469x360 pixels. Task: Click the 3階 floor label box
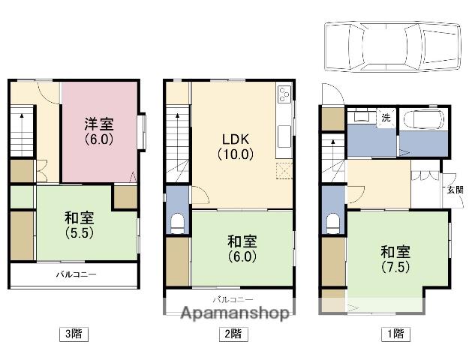click(x=74, y=334)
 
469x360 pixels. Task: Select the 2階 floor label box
click(x=233, y=334)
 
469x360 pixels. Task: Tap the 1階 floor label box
click(x=395, y=334)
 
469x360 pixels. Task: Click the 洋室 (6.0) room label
click(x=99, y=131)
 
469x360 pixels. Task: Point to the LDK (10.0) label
click(x=236, y=146)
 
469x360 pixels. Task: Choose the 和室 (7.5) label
click(x=395, y=259)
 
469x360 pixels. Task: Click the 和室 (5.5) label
click(x=80, y=225)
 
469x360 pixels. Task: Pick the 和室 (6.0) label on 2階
click(x=242, y=249)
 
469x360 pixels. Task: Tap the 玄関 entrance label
click(x=455, y=190)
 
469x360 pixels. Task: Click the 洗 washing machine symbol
click(x=386, y=118)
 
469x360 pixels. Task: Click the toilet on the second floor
click(x=178, y=223)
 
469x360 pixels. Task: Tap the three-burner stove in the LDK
click(x=284, y=94)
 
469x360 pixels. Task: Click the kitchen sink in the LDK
click(x=284, y=136)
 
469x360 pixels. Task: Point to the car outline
click(x=392, y=46)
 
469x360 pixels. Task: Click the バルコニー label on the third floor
click(x=77, y=274)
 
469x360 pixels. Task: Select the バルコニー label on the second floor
click(x=233, y=299)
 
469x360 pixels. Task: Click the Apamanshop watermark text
click(x=236, y=313)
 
